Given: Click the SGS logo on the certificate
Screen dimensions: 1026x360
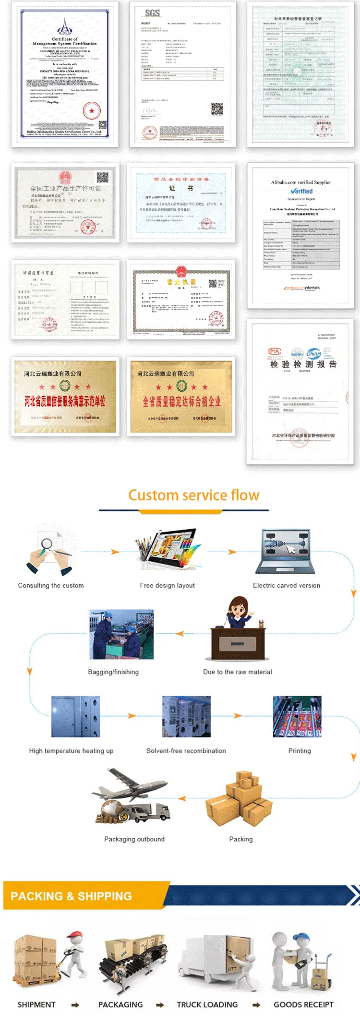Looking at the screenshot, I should click(152, 13).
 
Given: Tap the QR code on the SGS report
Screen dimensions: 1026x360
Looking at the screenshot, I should click(217, 109).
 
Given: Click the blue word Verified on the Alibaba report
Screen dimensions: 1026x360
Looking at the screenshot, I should click(301, 191).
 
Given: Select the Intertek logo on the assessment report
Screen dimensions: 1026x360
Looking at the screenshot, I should click(312, 288).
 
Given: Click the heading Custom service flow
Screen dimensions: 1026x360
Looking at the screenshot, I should click(193, 495).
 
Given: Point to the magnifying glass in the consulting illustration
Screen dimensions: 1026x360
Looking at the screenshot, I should click(47, 544).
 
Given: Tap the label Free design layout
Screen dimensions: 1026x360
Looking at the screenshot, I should click(167, 585).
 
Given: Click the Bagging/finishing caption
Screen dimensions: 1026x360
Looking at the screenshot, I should click(113, 672).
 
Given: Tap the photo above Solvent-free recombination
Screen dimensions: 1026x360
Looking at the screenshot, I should click(186, 716).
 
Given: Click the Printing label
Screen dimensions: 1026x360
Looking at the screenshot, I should click(300, 750).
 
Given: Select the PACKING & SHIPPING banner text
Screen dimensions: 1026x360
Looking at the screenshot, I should click(71, 896).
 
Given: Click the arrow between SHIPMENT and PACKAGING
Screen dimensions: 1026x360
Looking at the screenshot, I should click(75, 1004).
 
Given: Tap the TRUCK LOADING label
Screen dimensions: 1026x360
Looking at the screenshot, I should click(207, 1004).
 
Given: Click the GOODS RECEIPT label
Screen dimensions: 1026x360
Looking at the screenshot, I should click(303, 1004).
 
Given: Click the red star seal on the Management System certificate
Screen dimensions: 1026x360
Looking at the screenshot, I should click(91, 111).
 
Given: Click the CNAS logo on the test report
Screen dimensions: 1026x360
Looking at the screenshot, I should click(313, 354).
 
